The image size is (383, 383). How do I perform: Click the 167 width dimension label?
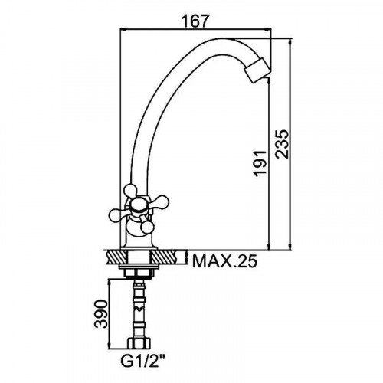click(195, 21)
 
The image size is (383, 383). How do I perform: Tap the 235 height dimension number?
click(282, 144)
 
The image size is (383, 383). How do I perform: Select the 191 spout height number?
click(260, 163)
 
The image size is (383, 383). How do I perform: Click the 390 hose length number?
click(100, 314)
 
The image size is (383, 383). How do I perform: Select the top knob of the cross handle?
click(130, 190)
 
